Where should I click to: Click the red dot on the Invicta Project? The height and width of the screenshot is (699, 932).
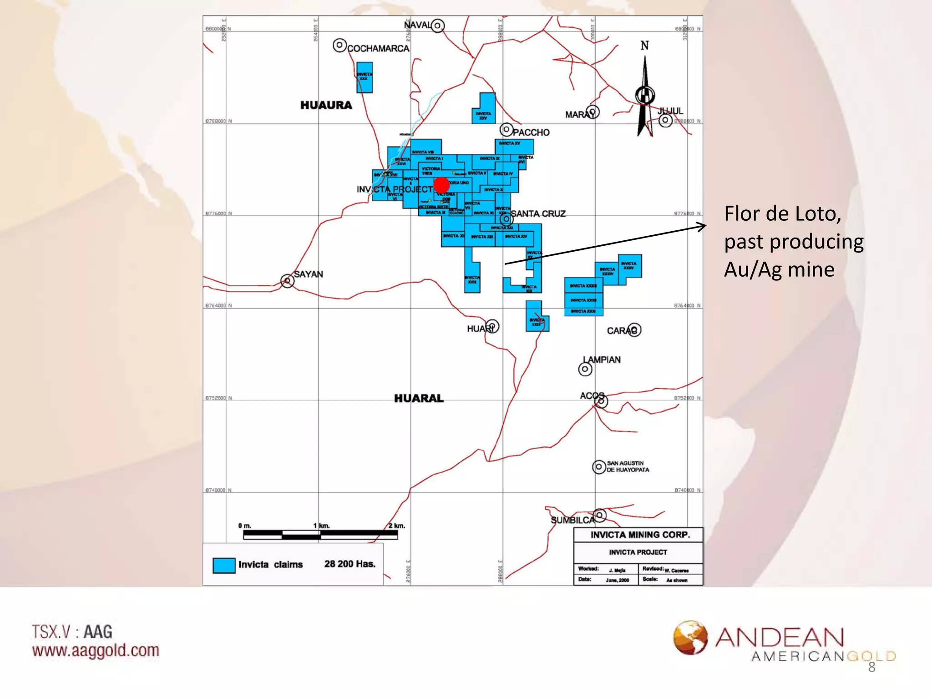point(441,185)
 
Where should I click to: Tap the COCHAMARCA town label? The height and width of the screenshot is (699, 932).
point(378,48)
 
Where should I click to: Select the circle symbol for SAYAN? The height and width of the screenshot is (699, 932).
point(287,281)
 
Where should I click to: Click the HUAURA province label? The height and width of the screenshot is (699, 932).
point(326,105)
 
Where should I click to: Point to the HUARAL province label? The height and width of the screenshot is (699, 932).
point(419,398)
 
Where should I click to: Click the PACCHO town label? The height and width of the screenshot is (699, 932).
point(531,132)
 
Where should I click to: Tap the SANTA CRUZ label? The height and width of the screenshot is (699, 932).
point(538,213)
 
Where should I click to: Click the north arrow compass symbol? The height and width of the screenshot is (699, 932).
point(645,96)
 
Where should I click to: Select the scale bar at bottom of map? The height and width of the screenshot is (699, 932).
point(320,535)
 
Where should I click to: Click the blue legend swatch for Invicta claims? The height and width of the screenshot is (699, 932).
point(224,565)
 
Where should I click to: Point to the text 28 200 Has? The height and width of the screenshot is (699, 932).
point(349,564)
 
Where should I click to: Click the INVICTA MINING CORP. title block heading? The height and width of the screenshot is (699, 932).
point(640,535)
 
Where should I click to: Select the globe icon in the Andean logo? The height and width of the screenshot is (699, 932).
point(690,638)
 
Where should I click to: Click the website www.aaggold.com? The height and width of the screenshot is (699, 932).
point(96,651)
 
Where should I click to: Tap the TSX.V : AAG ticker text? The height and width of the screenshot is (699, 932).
point(72,632)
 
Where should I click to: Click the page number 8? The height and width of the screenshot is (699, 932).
point(871,667)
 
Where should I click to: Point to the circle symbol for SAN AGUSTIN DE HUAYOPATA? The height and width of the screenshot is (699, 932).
point(599,467)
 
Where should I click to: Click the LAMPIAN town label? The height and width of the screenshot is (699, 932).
point(602,360)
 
